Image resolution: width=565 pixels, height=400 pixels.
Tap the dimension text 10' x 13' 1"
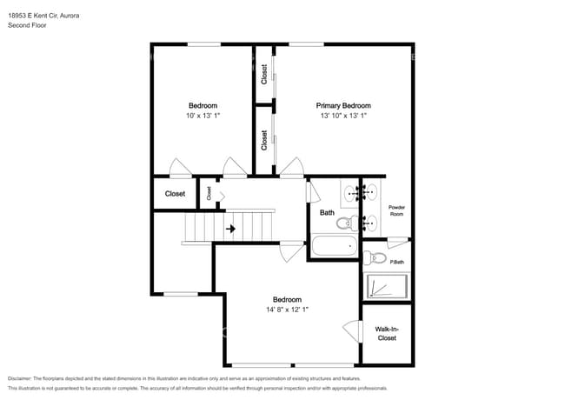[x=203, y=116]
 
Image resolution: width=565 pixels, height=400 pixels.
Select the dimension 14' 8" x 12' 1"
[x=287, y=309]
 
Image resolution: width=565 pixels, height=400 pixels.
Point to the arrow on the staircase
[x=231, y=229]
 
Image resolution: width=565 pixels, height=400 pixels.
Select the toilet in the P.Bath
[x=371, y=257]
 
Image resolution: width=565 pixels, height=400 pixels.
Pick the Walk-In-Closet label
[x=386, y=333]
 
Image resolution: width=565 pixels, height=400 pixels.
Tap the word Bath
[x=327, y=212]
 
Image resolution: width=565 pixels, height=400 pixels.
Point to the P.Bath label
[x=396, y=262]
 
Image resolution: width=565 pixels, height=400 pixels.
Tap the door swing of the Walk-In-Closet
[x=353, y=331]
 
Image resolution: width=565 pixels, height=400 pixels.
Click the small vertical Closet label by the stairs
[x=209, y=193]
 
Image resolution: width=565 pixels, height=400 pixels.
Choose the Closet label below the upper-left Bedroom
[x=175, y=194]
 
